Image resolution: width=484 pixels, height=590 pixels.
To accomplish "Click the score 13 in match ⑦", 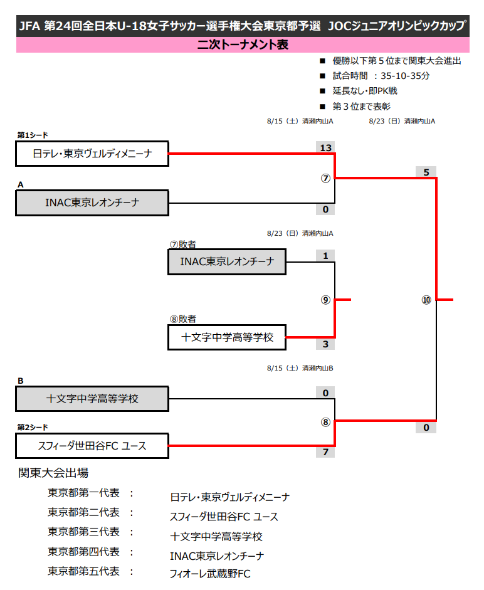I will (x=325, y=148).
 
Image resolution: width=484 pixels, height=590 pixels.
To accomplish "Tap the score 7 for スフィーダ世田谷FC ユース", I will (x=325, y=452).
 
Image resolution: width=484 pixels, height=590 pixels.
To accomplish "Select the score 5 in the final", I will (x=426, y=172).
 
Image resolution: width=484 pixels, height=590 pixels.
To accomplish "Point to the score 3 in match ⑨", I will (x=325, y=344).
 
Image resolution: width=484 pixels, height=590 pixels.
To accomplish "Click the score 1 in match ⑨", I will (x=325, y=256).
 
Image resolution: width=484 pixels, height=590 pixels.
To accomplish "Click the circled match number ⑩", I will (x=426, y=300).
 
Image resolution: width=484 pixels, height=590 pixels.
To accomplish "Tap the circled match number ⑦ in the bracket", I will (x=325, y=178).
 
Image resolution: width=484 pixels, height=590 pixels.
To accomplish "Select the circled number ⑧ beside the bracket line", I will (x=325, y=422).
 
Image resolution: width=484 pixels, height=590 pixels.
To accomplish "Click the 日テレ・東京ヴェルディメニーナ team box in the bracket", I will (x=92, y=154).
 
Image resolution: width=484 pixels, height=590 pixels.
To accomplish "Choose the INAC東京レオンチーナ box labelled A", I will (x=92, y=203).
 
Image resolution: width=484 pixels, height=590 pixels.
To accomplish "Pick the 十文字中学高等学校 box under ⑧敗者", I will (x=227, y=337).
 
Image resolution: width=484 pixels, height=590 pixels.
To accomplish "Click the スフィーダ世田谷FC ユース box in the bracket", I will (x=92, y=446).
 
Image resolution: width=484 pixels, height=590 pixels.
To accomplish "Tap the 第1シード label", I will (x=33, y=135).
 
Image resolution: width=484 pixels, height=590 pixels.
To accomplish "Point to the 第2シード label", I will (x=33, y=427).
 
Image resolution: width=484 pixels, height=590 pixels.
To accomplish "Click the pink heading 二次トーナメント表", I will (x=242, y=45).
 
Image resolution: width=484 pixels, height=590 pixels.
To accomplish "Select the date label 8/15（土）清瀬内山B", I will (x=300, y=368).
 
